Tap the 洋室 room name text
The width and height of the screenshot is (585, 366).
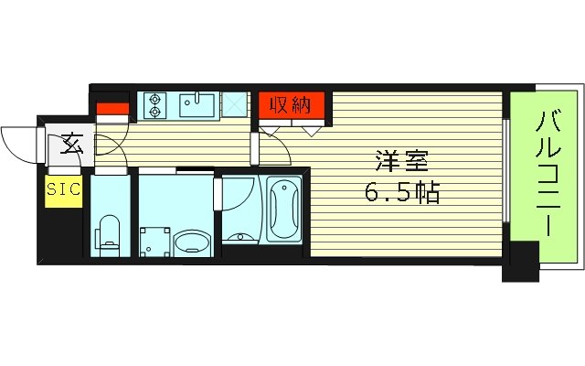click(x=400, y=162)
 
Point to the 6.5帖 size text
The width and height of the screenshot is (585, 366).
click(x=400, y=193)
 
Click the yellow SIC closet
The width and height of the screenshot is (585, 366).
click(x=63, y=189)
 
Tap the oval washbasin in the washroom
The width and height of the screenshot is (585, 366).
click(x=191, y=242)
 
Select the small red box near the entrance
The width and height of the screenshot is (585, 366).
click(x=112, y=111)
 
